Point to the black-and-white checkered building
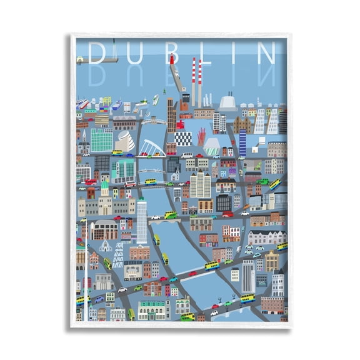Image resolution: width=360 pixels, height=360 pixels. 183,138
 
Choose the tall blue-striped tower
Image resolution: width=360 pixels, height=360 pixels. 242,142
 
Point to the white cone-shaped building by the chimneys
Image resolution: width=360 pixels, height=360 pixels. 227,101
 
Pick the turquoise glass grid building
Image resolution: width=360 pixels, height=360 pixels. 101,140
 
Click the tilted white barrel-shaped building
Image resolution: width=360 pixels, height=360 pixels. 125,142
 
